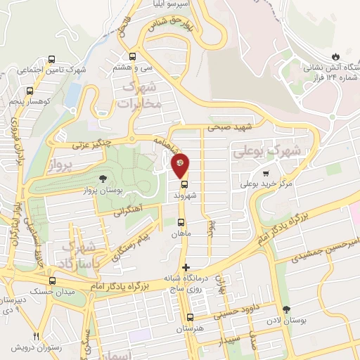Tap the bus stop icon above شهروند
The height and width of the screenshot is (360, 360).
click(184, 186)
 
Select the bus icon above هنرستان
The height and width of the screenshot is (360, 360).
click(190, 318)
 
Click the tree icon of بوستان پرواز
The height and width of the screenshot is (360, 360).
click(103, 178)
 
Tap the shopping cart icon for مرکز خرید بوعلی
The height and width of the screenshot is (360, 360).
click(265, 174)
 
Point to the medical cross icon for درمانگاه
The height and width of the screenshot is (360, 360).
click(186, 267)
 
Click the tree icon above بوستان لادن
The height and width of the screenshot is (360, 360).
click(285, 309)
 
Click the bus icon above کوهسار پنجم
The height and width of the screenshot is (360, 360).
click(29, 91)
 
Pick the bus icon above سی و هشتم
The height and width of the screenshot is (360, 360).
click(132, 57)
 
